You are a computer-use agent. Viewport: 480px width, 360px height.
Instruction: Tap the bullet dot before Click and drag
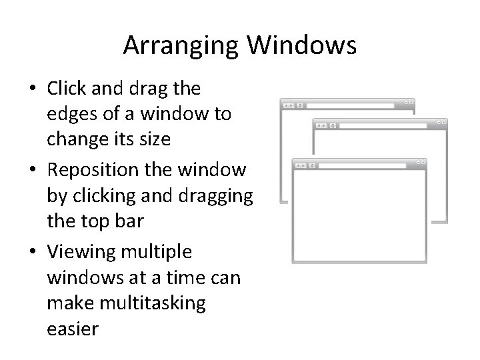(x=34, y=89)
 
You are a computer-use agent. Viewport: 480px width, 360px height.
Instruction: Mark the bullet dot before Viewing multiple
(x=34, y=253)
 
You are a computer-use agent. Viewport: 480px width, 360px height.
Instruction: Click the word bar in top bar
(x=129, y=222)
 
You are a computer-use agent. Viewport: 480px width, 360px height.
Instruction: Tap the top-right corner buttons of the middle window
(x=441, y=123)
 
